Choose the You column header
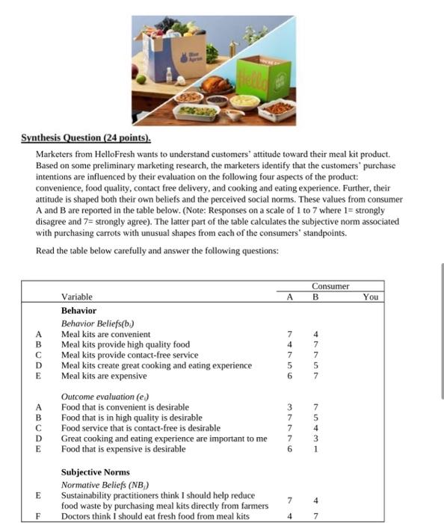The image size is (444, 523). tap(370, 297)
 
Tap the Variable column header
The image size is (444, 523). tap(77, 297)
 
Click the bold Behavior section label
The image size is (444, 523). tap(78, 310)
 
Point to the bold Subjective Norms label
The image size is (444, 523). tap(95, 472)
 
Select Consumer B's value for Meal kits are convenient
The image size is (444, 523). tap(315, 334)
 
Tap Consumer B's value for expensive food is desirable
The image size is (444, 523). tap(315, 450)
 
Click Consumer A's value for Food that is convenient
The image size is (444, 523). tap(288, 407)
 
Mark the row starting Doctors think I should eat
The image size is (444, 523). tap(155, 516)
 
